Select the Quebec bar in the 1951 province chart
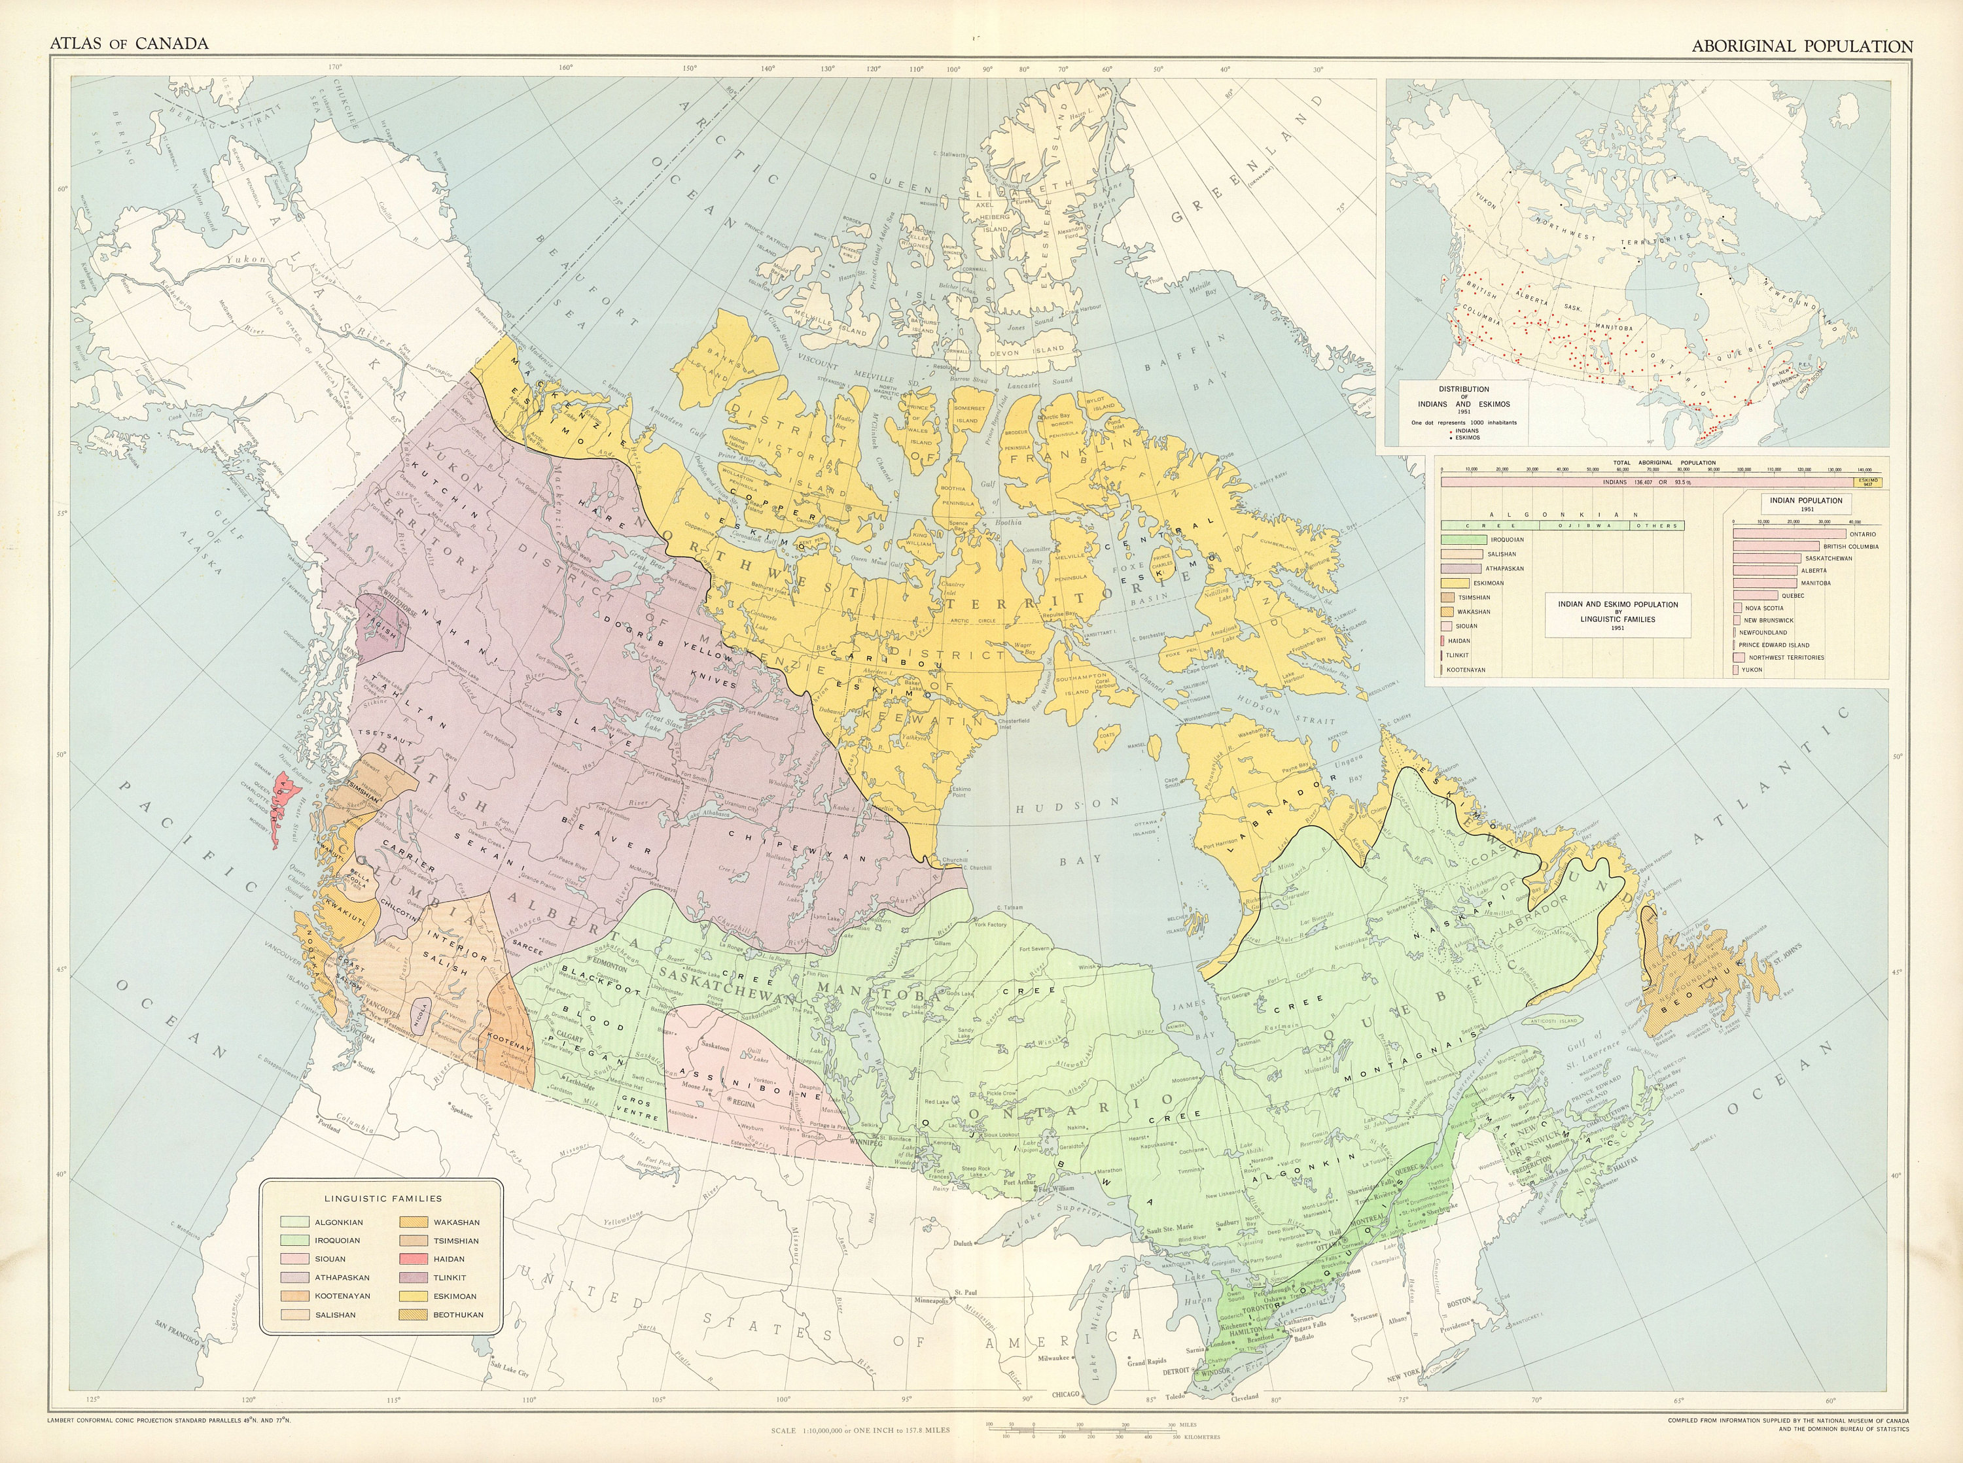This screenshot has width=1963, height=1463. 1755,595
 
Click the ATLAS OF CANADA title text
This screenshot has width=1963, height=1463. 130,43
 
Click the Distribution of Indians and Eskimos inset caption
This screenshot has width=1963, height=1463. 1463,403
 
